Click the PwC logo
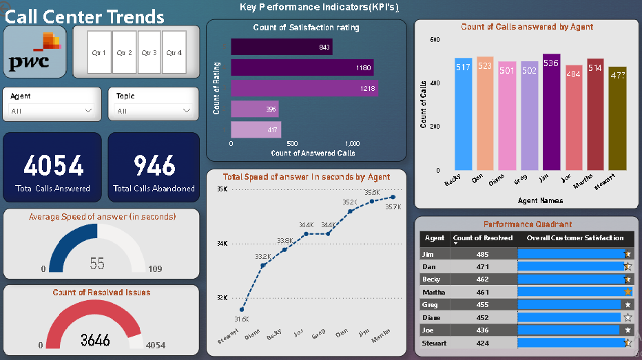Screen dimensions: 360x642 pos(34,52)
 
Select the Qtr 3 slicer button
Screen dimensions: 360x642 pos(149,52)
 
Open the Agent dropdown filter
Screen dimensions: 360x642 pos(52,110)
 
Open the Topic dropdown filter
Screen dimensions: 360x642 pos(154,110)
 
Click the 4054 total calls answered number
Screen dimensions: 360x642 pos(53,165)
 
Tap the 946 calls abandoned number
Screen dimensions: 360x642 pos(154,165)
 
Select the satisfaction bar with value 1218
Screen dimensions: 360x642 pos(304,88)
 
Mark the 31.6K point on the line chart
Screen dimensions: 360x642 pos(242,310)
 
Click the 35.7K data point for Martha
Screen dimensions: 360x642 pos(393,197)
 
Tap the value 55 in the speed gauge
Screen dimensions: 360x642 pos(97,264)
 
